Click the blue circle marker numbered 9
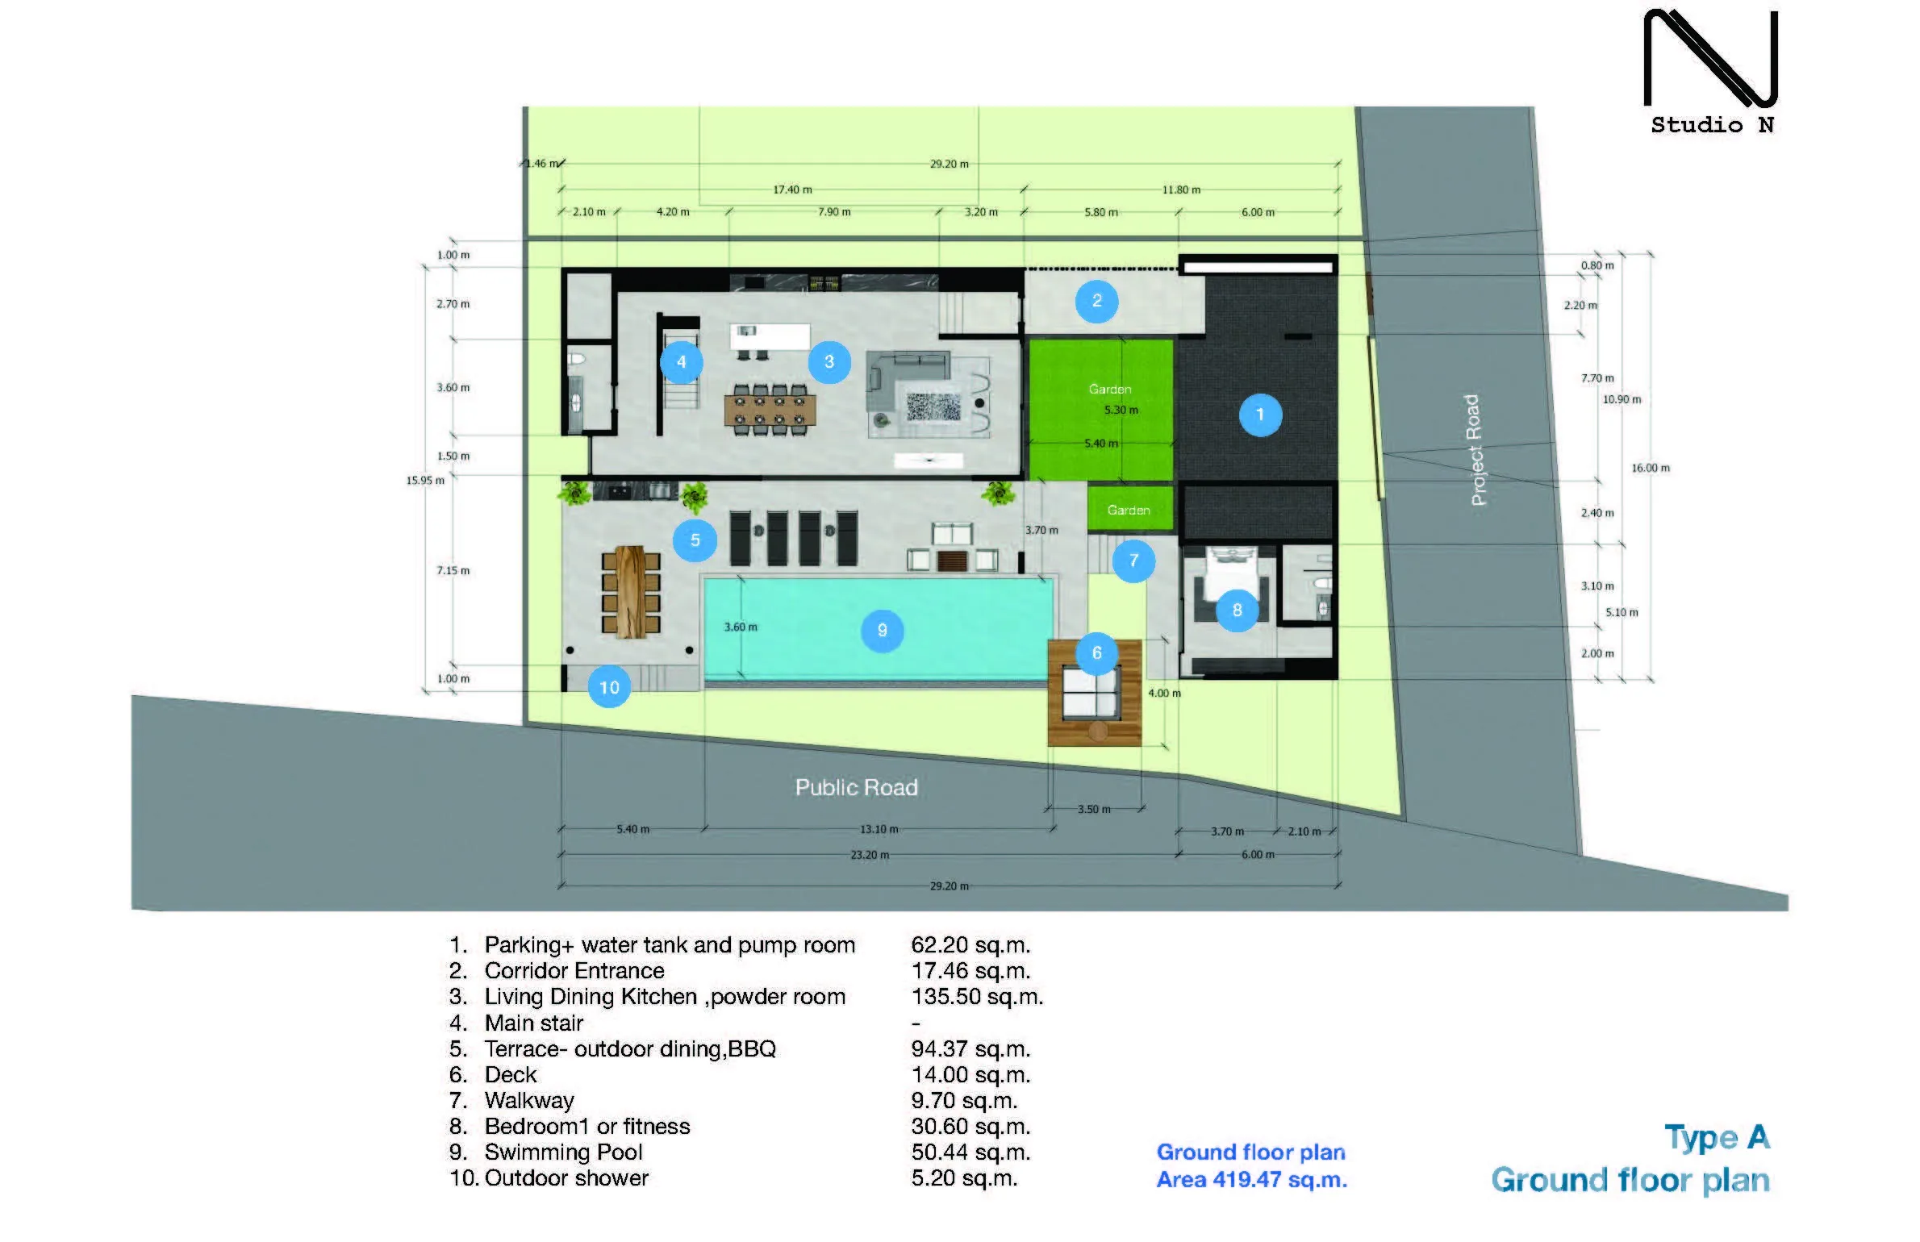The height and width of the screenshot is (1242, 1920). pos(882,630)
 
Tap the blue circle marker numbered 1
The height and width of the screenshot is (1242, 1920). pos(1260,415)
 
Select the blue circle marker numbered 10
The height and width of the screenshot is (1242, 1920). pos(609,687)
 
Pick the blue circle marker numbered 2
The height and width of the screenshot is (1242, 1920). pos(1097,301)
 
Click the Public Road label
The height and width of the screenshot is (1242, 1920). pos(857,787)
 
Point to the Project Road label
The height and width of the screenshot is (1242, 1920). pos(1474,450)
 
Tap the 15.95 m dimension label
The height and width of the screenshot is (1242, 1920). pos(425,481)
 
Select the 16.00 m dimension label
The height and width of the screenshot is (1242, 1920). pos(1651,468)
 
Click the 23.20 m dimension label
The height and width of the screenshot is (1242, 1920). pos(870,855)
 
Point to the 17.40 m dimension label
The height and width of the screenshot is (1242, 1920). pos(792,190)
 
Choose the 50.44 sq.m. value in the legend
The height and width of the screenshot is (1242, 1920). pos(970,1152)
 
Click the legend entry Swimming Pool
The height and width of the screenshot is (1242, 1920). pos(563,1152)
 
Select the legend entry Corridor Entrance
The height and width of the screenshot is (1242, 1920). pos(574,970)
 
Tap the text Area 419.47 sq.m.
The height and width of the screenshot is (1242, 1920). pos(1252,1179)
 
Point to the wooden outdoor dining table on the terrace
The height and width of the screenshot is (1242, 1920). pos(631,592)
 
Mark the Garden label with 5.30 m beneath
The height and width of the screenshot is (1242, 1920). pos(1110,389)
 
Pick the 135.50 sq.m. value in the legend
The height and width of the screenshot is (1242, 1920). pos(977,997)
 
